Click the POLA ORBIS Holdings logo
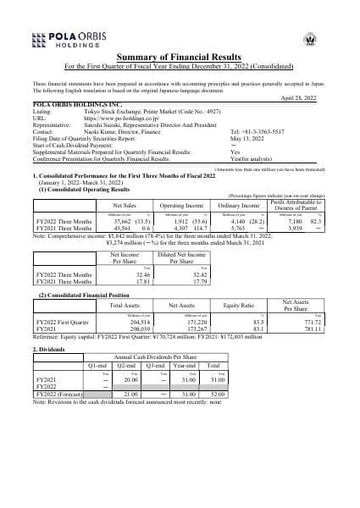[65, 37]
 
